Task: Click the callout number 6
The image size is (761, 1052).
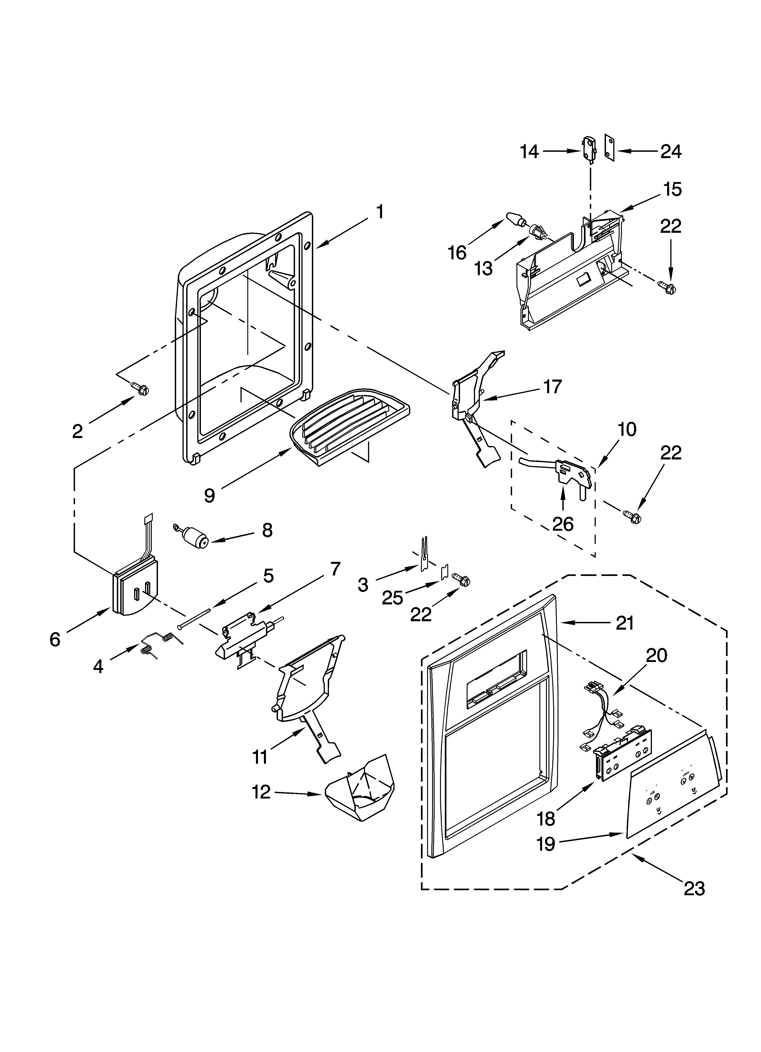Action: point(55,640)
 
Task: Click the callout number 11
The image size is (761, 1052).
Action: point(260,757)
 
